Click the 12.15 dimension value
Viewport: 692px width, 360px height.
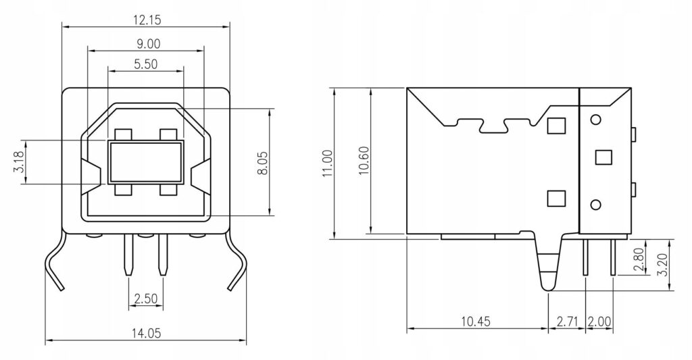(147, 20)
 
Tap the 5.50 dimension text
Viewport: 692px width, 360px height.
(146, 64)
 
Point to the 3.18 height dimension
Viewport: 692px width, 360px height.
(19, 162)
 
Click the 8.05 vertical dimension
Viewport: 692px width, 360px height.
(262, 163)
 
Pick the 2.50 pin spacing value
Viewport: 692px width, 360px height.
(146, 299)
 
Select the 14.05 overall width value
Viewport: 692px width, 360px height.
(146, 333)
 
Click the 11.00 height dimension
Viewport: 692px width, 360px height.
(328, 163)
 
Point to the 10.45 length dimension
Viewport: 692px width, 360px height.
(476, 322)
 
